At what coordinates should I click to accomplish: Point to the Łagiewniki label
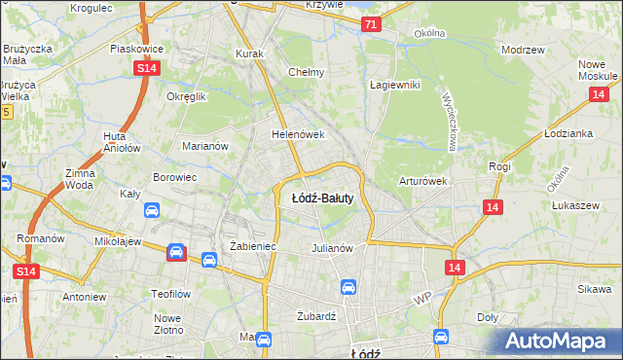tap(394, 85)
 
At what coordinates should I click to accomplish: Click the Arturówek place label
tap(422, 181)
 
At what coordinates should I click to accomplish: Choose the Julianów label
tap(331, 247)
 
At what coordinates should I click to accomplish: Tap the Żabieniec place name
tap(253, 247)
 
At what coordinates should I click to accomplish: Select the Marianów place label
tap(205, 147)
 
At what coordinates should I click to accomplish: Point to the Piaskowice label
tap(135, 48)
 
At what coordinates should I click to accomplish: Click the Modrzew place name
tap(521, 49)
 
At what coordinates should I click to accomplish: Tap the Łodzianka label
tap(569, 134)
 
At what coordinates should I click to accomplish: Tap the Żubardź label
tap(316, 316)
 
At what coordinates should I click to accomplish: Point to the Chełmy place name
tap(307, 72)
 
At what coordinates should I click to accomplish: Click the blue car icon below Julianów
tap(348, 287)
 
